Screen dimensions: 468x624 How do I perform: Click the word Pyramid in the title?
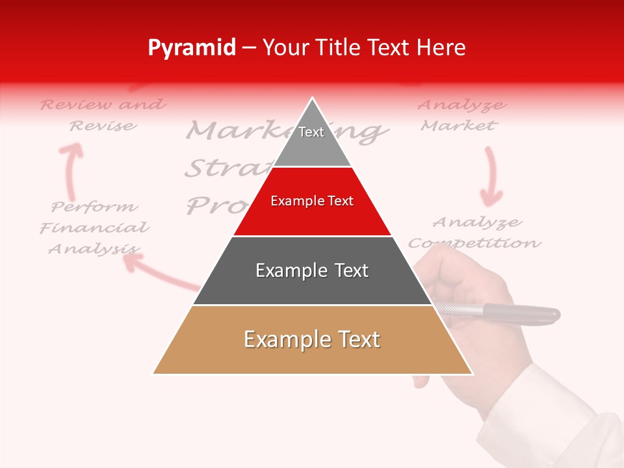pyautogui.click(x=192, y=48)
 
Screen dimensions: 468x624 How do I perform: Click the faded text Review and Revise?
pyautogui.click(x=103, y=114)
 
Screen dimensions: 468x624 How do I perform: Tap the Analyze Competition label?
pyautogui.click(x=474, y=233)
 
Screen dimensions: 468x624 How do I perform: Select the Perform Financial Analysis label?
pyautogui.click(x=95, y=227)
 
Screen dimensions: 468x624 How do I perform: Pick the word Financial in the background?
pyautogui.click(x=95, y=228)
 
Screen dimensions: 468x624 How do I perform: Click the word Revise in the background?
pyautogui.click(x=103, y=125)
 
